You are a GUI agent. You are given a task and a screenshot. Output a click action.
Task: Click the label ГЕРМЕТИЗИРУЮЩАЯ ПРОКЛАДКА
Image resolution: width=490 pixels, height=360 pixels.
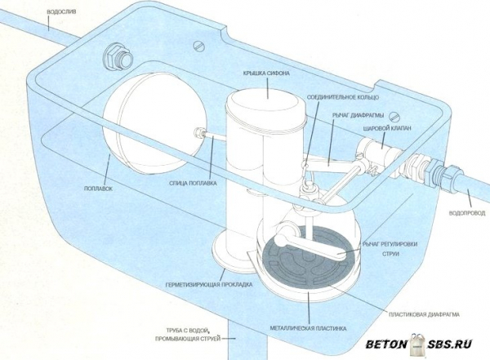pyautogui.click(x=210, y=286)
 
